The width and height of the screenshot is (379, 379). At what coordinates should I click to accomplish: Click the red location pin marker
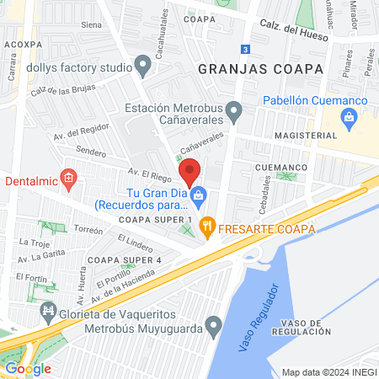pos(189,172)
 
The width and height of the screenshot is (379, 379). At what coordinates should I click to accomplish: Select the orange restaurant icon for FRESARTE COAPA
pos(210,228)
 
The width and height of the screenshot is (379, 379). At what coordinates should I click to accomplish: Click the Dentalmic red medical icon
pos(69,179)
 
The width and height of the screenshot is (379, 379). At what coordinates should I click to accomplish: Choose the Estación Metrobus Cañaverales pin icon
pos(235,109)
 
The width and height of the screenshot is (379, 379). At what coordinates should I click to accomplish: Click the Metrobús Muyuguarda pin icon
pos(214,324)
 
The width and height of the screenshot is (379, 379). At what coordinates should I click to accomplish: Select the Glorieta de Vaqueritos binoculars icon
pos(48,312)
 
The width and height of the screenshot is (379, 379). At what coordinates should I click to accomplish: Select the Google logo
pos(28,368)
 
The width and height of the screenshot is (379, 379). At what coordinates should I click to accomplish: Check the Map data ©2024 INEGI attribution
pos(328,372)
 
